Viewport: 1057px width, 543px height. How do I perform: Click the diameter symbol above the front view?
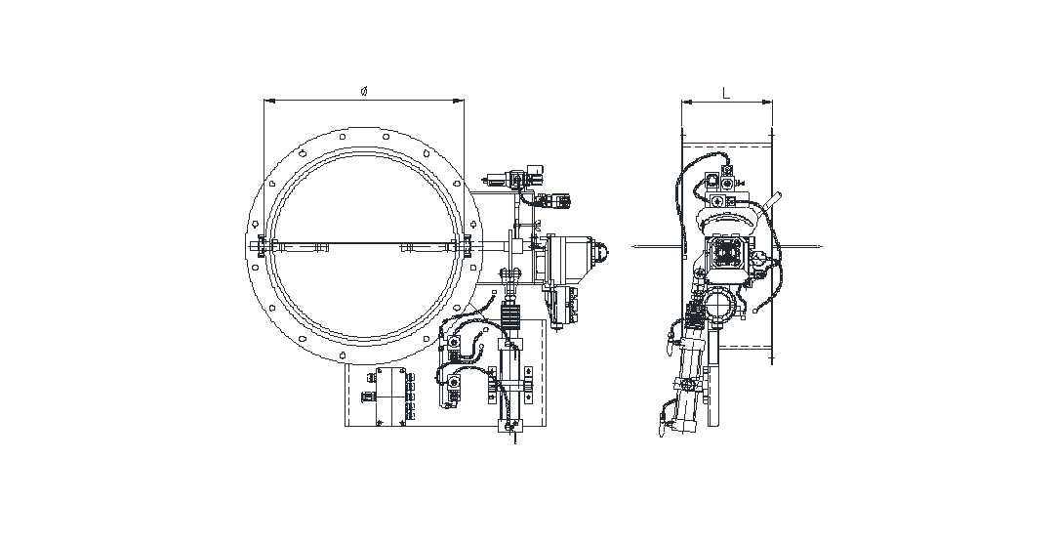coord(363,92)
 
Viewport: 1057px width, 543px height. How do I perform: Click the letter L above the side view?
coord(726,93)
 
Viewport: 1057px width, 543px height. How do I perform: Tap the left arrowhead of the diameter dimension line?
coord(268,102)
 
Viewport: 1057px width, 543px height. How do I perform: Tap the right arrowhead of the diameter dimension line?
coord(459,102)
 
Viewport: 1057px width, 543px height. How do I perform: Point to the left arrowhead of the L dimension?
coord(687,103)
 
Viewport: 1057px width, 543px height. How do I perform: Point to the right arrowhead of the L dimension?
coord(767,103)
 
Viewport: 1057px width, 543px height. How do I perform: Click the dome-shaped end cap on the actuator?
coord(601,252)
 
